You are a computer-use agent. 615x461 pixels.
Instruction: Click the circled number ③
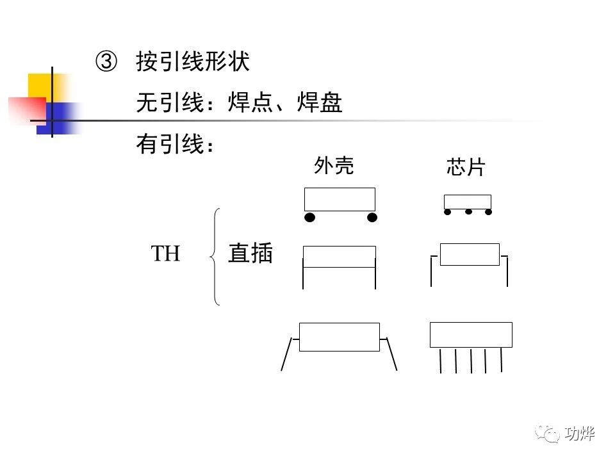click(x=106, y=61)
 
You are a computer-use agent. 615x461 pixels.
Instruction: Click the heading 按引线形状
click(x=192, y=61)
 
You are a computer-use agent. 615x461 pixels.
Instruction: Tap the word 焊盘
click(x=320, y=102)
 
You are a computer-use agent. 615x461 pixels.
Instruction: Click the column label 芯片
click(x=466, y=168)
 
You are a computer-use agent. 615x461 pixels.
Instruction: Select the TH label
click(x=166, y=254)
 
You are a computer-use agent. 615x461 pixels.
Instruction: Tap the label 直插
click(x=250, y=254)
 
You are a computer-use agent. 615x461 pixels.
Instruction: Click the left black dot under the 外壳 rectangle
click(x=310, y=218)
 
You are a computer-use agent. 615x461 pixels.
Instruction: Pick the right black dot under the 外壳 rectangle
click(x=372, y=218)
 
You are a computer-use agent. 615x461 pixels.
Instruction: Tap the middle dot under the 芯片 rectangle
click(x=468, y=211)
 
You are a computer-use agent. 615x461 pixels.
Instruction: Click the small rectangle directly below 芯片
click(x=468, y=202)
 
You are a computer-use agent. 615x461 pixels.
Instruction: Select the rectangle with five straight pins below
click(x=471, y=334)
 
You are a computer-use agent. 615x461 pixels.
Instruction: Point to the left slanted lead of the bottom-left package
click(x=287, y=353)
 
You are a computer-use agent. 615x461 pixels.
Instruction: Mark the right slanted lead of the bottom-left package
click(x=391, y=353)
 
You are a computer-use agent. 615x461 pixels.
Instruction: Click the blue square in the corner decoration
click(x=58, y=118)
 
